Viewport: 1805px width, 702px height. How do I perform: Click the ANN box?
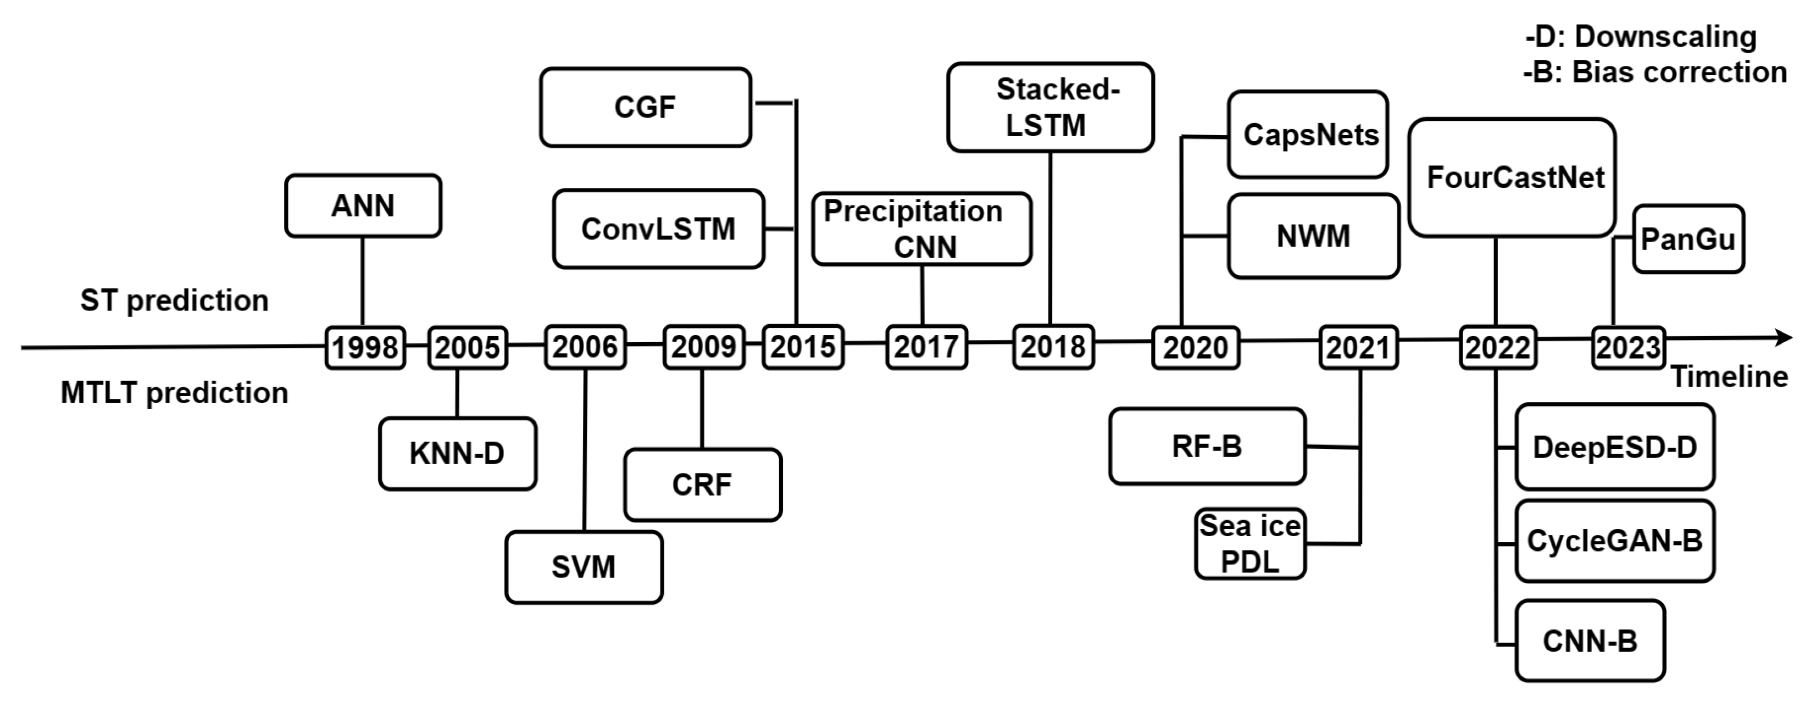tap(363, 206)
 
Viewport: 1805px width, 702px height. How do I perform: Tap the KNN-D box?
tap(458, 454)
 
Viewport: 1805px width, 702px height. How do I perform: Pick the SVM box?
tap(584, 567)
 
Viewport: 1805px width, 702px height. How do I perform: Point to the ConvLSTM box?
tap(658, 229)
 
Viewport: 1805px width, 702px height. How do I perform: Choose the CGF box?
tap(645, 107)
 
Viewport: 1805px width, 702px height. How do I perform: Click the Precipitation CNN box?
tap(921, 229)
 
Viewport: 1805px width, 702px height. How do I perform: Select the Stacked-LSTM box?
tap(1049, 107)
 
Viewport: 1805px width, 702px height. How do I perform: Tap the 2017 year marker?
tap(926, 347)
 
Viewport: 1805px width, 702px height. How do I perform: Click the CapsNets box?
tap(1308, 135)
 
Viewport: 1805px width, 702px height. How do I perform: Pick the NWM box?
tap(1313, 236)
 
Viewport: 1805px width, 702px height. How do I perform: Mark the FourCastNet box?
tap(1512, 178)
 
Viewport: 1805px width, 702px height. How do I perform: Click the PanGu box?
tap(1688, 239)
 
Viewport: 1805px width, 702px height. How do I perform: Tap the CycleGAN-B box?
tap(1614, 541)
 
